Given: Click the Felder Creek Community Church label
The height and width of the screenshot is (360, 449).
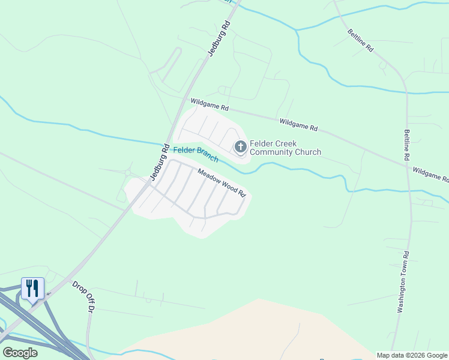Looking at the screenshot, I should [285, 148].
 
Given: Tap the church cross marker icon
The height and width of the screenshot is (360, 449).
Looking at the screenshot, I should [240, 146].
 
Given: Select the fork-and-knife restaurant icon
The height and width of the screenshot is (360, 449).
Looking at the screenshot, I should [32, 288].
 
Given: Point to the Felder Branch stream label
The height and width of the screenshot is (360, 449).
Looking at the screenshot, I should [196, 154].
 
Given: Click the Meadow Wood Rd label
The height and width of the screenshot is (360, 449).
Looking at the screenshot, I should [223, 182].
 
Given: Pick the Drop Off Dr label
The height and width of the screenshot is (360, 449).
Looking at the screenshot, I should [84, 296].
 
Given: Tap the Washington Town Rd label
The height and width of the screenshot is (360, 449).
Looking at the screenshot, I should [403, 282].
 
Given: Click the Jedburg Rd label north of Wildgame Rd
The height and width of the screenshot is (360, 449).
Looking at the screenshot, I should [219, 38].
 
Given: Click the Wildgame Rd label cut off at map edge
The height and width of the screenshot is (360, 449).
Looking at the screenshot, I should [430, 175].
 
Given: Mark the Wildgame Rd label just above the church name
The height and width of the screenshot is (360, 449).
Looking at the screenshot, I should [298, 124].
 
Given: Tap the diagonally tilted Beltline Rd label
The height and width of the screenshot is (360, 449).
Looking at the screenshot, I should [360, 40].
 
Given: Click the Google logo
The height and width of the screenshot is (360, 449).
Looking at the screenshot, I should [20, 353].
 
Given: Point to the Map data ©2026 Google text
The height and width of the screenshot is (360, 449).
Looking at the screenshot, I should [412, 355].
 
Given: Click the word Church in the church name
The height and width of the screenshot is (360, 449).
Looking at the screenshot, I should [306, 152].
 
